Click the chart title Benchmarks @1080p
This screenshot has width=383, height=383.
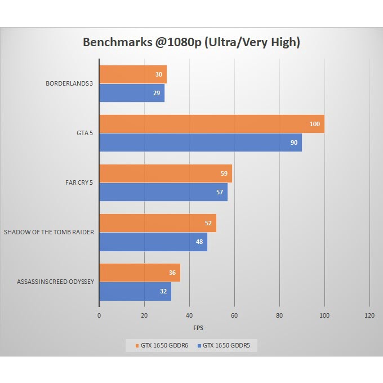pos(191,42)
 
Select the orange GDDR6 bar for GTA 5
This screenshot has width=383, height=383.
pos(211,124)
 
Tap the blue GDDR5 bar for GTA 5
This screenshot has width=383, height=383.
pos(200,142)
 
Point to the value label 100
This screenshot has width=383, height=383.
pos(315,124)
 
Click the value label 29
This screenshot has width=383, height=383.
pos(157,93)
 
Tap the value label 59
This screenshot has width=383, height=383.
pos(224,173)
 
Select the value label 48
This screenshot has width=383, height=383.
pos(199,242)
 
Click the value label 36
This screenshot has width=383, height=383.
pos(172,273)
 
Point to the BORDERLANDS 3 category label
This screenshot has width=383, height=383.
pos(69,84)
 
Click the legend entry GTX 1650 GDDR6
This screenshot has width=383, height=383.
pos(159,345)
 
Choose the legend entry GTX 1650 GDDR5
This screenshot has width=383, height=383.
pos(226,345)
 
